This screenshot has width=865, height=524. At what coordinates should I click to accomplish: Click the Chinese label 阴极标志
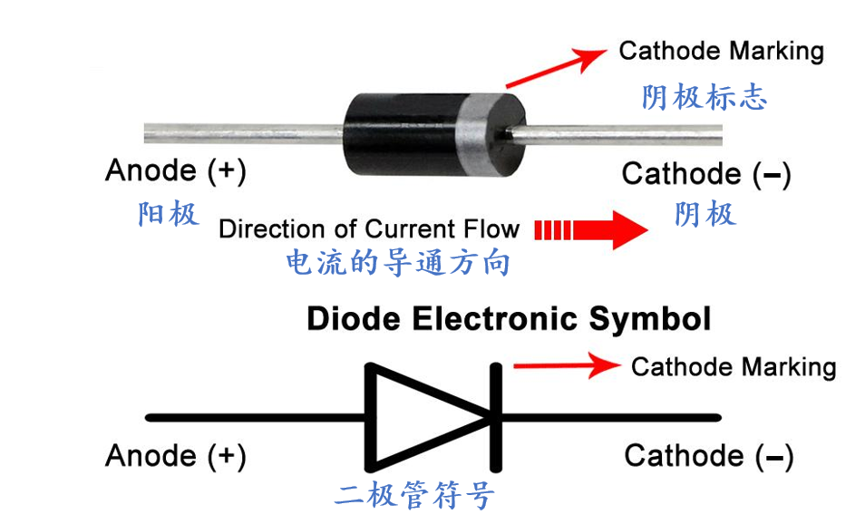click(x=705, y=97)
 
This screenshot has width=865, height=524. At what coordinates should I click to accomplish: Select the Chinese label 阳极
click(x=169, y=215)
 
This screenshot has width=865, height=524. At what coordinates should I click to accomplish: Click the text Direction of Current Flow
click(x=369, y=228)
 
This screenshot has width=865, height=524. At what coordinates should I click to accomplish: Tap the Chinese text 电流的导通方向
click(x=398, y=264)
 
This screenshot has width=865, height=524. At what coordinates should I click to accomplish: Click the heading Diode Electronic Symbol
click(x=509, y=319)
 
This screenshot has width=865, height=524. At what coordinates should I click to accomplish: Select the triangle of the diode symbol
click(x=417, y=418)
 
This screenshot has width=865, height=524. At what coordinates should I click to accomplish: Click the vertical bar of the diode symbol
click(x=496, y=418)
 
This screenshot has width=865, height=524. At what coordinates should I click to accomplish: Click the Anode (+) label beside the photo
click(x=175, y=170)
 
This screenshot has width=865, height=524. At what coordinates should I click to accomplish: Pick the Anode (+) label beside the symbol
click(x=175, y=455)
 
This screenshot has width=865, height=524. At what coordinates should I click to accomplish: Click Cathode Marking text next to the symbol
click(x=733, y=367)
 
